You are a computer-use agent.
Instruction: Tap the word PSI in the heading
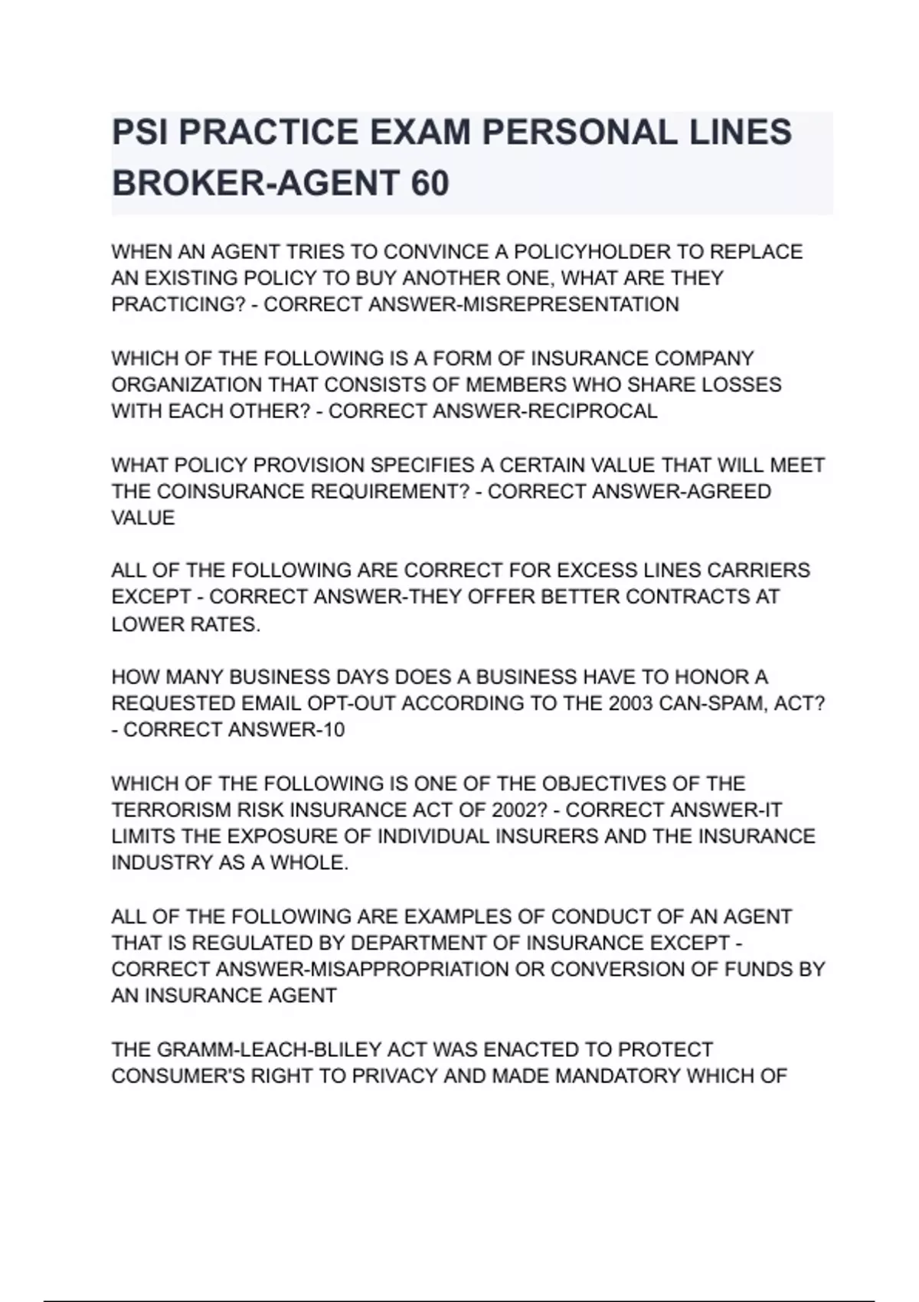(x=139, y=132)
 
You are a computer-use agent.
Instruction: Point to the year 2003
(x=631, y=703)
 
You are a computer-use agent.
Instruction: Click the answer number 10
(x=334, y=729)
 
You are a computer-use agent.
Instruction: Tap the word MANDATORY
(x=616, y=1076)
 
